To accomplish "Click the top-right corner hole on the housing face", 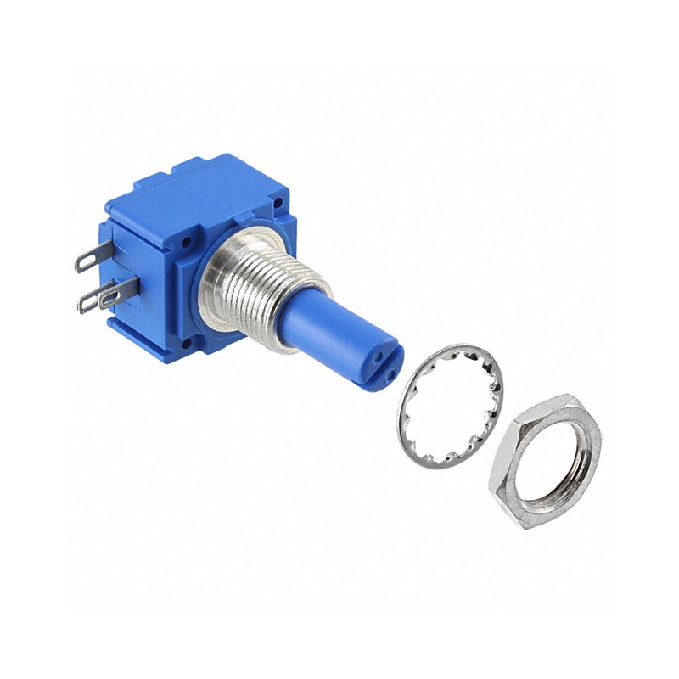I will pos(278,205).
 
